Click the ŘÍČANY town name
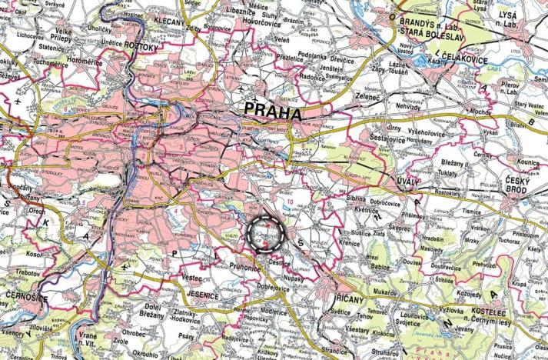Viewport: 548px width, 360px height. [333, 295]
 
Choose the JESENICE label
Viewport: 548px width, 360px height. [202, 293]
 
